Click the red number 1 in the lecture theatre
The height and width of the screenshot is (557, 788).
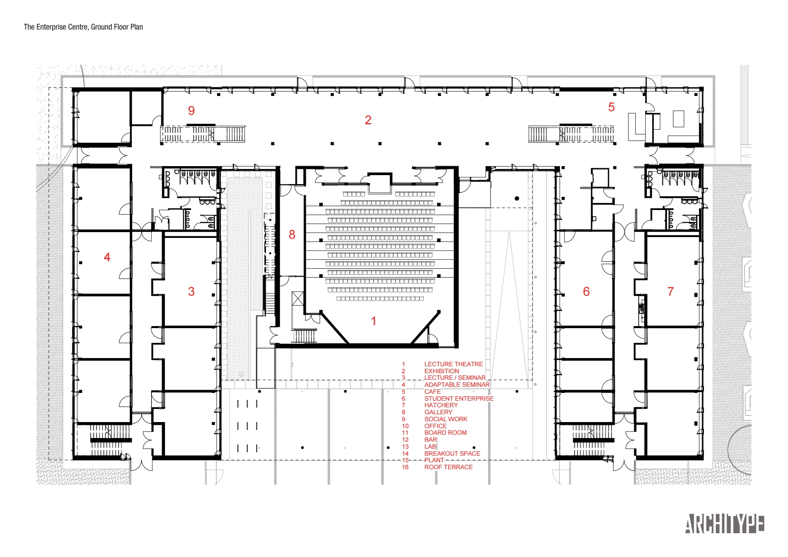373,321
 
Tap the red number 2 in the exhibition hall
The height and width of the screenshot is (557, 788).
368,120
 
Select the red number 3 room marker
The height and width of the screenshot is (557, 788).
191,291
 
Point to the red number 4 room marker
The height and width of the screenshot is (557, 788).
107,257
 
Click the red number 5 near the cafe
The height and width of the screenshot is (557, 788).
611,107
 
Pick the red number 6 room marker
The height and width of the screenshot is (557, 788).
586,291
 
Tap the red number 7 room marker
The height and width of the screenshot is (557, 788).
670,291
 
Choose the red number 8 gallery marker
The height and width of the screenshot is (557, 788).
292,234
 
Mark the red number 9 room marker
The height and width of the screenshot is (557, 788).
191,110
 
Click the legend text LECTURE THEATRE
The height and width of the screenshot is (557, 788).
454,364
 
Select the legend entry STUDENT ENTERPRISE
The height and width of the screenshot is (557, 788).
459,399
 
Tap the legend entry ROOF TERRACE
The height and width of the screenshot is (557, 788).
449,467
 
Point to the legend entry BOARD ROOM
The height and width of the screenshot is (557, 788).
445,433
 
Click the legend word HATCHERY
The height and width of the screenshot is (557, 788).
441,405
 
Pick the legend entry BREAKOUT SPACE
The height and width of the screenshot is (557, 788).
452,454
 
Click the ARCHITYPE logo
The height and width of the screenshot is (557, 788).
724,524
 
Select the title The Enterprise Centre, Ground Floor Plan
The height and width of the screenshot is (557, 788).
83,27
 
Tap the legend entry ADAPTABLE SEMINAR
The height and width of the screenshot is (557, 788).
457,385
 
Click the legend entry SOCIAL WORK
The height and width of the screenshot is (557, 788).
446,419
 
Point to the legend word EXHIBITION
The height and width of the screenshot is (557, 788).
442,371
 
